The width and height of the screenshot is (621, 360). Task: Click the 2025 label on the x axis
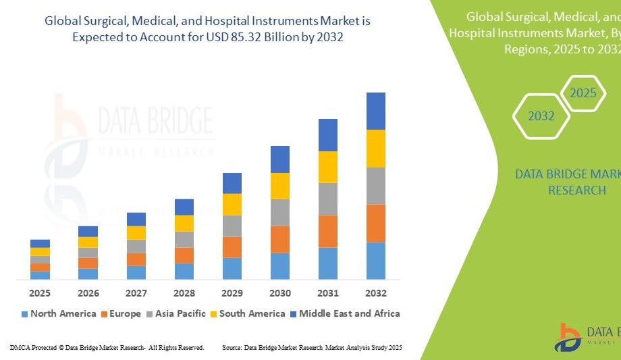40,293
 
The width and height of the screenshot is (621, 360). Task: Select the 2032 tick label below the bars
376,293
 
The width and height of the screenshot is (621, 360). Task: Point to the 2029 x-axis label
232,293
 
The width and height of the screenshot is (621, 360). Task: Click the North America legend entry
59,313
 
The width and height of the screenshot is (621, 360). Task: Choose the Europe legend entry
121,313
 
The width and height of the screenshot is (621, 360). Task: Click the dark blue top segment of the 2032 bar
376,111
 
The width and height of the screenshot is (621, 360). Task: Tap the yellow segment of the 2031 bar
328,167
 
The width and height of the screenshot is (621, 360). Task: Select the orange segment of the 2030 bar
280,239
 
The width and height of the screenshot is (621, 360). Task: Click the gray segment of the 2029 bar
232,226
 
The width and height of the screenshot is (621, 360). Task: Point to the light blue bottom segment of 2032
376,261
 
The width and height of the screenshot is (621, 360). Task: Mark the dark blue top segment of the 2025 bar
40,243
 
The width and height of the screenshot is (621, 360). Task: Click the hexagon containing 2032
541,116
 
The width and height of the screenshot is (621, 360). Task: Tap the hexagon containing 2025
583,93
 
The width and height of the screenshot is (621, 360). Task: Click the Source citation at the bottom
312,348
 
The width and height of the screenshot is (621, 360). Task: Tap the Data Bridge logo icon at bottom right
568,337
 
